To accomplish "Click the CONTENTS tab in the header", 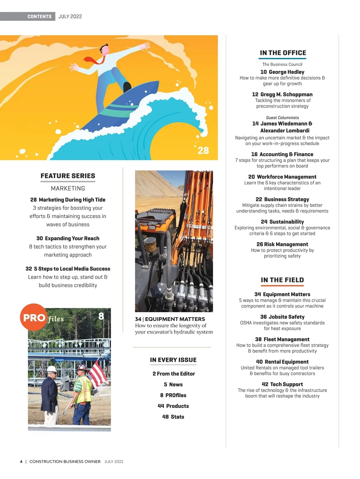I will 39,16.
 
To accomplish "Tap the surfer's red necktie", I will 95,60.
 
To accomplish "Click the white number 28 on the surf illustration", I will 203,150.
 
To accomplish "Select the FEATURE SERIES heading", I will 68,176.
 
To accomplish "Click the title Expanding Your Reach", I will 72,238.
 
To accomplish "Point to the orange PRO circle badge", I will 34,317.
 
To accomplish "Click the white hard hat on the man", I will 52,369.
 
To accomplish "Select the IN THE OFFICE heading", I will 283,53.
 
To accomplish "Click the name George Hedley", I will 286,72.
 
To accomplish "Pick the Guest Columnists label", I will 282,118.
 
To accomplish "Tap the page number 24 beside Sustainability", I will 264,222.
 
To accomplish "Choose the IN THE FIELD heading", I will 282,280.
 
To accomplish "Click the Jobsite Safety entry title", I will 286,317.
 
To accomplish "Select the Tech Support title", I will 286,384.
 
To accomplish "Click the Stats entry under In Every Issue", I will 177,417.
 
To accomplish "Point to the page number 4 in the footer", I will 21,462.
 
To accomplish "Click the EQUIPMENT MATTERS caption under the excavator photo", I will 175,319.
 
